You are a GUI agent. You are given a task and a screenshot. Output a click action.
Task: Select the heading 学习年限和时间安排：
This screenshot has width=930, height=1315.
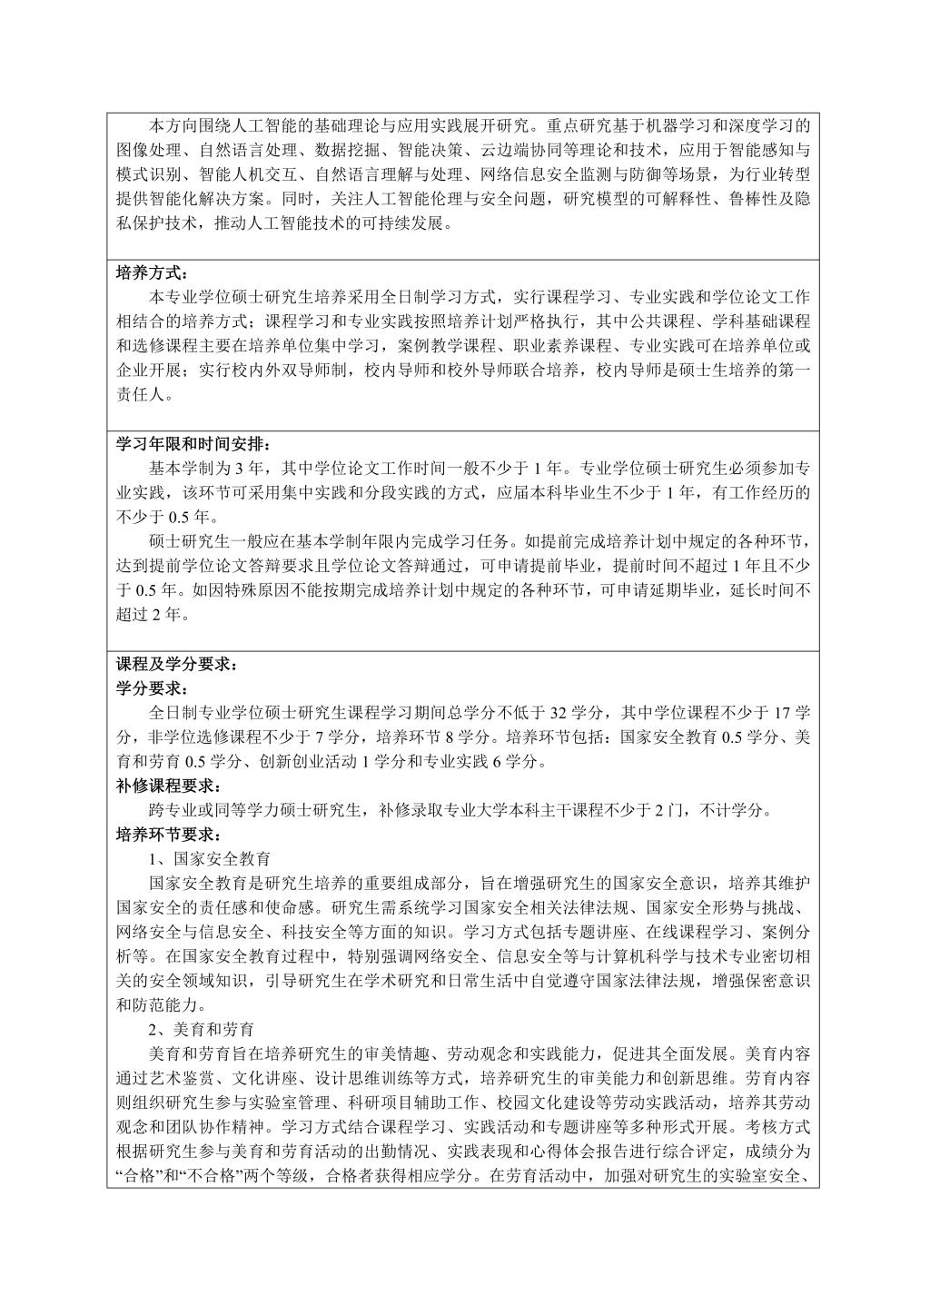point(193,445)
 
